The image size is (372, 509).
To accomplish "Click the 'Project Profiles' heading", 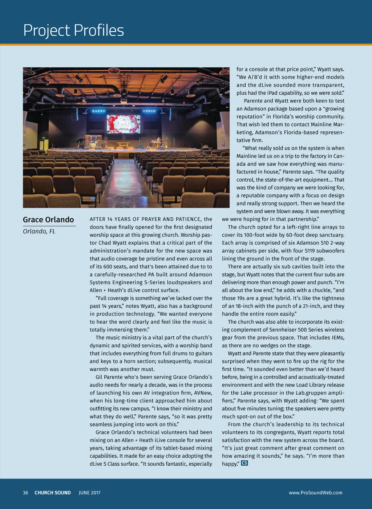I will (73, 31).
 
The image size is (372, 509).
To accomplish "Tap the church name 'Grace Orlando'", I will (48, 220).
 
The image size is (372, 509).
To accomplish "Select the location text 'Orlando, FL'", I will (39, 232).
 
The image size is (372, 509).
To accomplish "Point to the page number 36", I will (25, 493).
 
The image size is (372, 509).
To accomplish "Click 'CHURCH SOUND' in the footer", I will (53, 493).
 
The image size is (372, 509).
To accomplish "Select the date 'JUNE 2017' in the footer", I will (89, 493).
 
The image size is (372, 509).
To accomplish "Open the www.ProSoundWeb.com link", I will (315, 493).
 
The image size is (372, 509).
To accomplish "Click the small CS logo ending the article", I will (244, 463).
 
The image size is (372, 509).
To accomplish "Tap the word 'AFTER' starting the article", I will (97, 219).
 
